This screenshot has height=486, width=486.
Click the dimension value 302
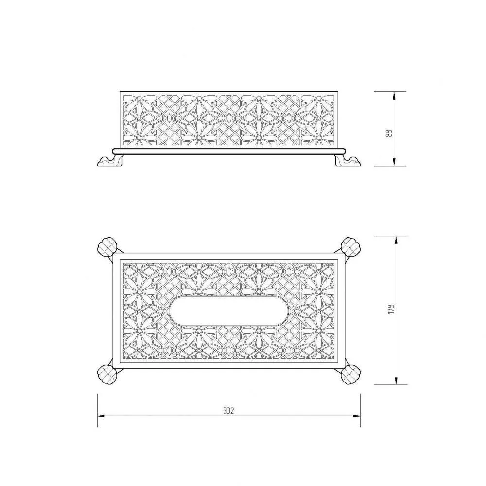click(x=228, y=411)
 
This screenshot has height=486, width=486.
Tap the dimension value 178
click(x=391, y=310)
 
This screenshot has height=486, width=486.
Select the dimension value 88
click(x=390, y=133)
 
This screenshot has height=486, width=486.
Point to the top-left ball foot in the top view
click(x=107, y=247)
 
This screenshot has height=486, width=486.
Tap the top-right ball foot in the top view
click(x=350, y=247)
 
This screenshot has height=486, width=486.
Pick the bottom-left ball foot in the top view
click(x=107, y=374)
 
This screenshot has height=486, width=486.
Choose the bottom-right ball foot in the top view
click(x=350, y=374)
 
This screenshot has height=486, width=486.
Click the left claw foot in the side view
click(x=110, y=161)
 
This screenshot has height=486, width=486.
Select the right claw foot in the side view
click(x=347, y=161)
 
